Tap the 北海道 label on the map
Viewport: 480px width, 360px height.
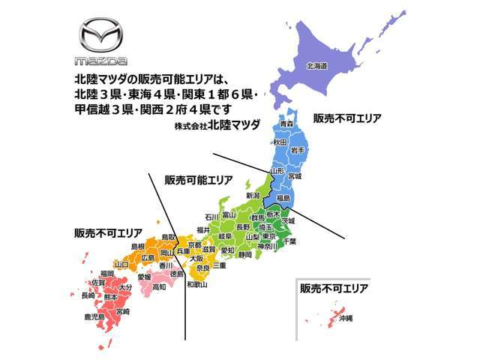click(316, 66)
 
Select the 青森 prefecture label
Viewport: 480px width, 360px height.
click(286, 123)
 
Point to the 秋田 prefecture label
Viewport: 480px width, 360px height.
click(280, 141)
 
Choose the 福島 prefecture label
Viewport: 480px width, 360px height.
click(283, 198)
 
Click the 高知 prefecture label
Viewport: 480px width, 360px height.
click(158, 286)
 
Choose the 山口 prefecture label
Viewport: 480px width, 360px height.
click(121, 264)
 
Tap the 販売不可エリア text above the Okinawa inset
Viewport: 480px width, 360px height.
click(334, 288)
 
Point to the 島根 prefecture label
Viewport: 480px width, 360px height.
click(138, 246)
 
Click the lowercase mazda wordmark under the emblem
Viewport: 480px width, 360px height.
click(100, 60)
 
